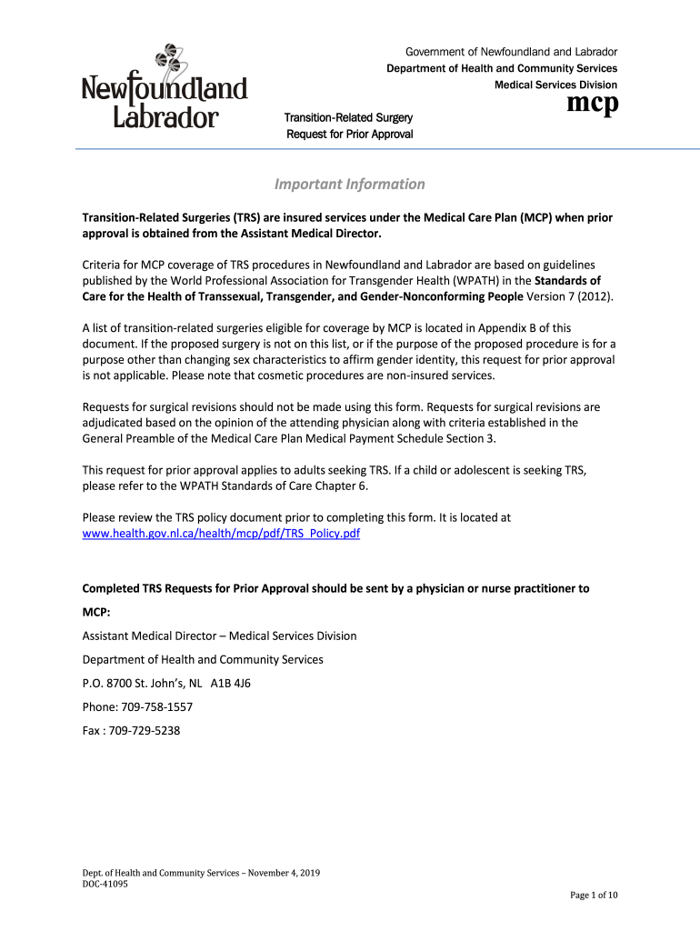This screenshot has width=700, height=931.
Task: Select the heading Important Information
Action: pyautogui.click(x=349, y=185)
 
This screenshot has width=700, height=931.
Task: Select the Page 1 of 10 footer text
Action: pyautogui.click(x=594, y=896)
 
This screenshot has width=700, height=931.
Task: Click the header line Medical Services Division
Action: pyautogui.click(x=555, y=85)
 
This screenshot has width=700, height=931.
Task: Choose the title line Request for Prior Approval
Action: pyautogui.click(x=349, y=135)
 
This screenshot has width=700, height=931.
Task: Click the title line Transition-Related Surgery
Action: pyautogui.click(x=349, y=118)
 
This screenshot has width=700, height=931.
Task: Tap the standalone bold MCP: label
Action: pyautogui.click(x=96, y=612)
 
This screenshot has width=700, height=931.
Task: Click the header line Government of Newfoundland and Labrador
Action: pyautogui.click(x=511, y=52)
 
